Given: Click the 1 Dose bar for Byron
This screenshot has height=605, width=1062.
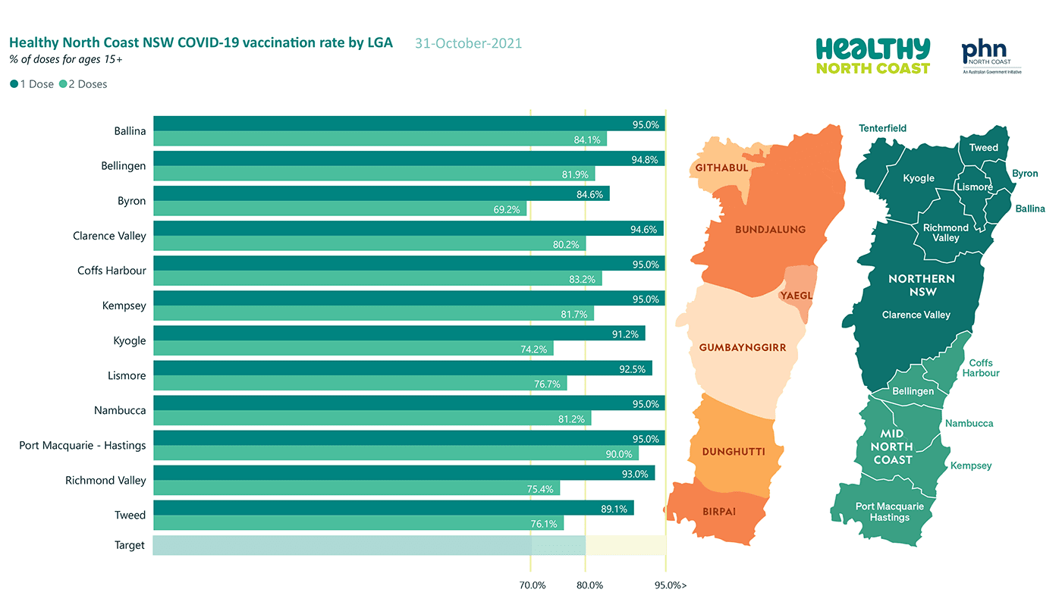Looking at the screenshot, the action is click(381, 193).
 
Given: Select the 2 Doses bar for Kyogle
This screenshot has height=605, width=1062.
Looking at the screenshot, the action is click(353, 348).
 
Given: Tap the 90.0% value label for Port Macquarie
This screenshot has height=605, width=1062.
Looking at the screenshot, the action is click(619, 454).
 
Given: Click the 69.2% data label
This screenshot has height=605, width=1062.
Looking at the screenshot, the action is click(507, 209).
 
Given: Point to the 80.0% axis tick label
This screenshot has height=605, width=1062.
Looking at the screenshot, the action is click(589, 585).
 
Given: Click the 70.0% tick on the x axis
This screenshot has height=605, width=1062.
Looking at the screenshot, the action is click(533, 585).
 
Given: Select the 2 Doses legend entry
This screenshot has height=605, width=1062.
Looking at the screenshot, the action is click(83, 84).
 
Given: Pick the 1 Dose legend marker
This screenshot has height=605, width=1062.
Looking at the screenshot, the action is click(14, 84).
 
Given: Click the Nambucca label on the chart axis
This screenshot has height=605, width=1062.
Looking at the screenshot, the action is click(120, 410).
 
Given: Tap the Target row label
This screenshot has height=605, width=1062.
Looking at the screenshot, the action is click(130, 545).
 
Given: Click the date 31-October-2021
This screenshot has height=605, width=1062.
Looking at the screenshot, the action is click(469, 43).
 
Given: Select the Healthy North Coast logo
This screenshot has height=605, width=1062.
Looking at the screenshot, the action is click(873, 56).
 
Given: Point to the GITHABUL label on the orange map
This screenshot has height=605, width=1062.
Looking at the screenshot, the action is click(721, 168).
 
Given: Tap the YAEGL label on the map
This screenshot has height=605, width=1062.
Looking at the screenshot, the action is click(796, 296).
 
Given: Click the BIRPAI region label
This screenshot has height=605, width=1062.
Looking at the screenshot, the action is click(719, 512).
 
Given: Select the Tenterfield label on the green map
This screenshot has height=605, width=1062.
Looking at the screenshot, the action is click(882, 128).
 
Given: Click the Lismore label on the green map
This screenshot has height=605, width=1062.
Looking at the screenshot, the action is click(975, 187).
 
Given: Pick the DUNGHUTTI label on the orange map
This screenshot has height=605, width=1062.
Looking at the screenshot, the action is click(734, 452).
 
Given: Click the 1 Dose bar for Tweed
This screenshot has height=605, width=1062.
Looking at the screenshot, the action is click(394, 508).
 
